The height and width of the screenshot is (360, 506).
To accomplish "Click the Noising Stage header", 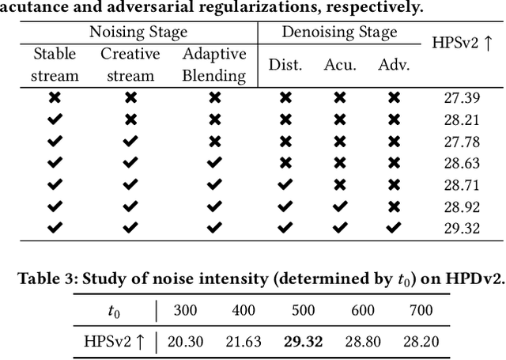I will click(x=138, y=32).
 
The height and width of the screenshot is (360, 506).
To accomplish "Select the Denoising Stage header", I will click(x=340, y=32).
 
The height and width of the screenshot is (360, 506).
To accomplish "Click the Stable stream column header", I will click(x=55, y=65).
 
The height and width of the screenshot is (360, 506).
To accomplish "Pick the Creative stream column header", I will click(x=130, y=65).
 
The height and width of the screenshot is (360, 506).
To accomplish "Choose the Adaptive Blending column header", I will click(x=213, y=65).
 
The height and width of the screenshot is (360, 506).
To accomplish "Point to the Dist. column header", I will click(x=285, y=65).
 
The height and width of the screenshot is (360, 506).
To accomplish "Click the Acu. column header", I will click(x=340, y=65).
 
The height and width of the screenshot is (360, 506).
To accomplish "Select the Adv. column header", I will click(x=394, y=65).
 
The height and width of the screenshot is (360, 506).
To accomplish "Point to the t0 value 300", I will click(x=183, y=310).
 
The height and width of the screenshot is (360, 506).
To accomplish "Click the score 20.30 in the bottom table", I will click(x=183, y=341).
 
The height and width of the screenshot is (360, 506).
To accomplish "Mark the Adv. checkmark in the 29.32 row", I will click(x=394, y=227).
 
